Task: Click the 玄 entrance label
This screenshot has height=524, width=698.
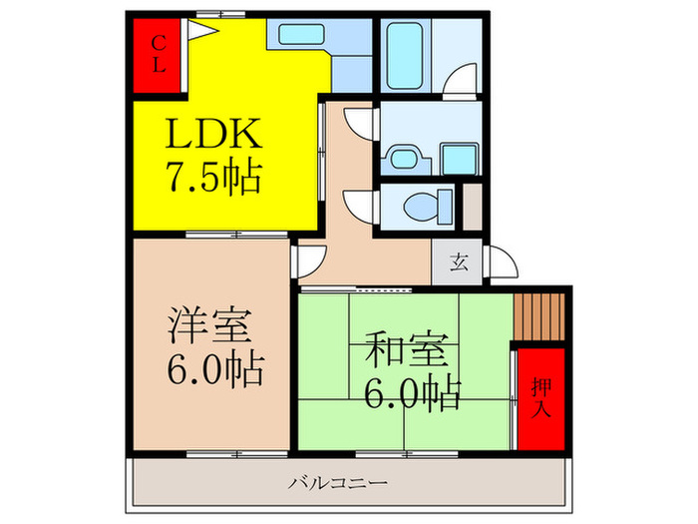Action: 458,263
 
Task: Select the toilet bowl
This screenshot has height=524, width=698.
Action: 420,207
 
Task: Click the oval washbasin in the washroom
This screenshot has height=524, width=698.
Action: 403,158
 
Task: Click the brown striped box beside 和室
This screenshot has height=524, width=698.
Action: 538,316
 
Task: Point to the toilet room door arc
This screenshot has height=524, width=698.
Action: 357,203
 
